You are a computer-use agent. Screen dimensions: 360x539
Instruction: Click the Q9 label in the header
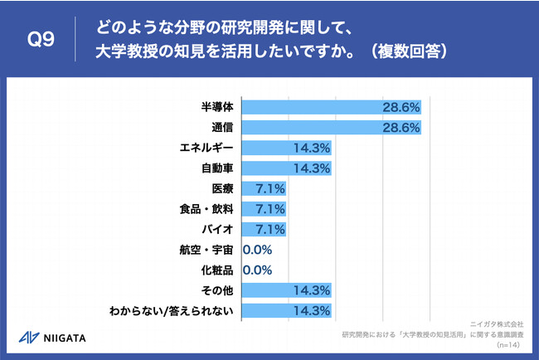point(41,40)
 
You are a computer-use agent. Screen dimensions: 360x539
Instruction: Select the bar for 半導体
point(332,107)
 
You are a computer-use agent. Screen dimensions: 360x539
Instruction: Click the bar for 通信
point(332,128)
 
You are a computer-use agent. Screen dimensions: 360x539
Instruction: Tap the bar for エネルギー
point(286,148)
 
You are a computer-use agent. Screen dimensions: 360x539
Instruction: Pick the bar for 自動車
point(286,168)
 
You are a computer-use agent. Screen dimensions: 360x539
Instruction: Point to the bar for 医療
point(264,188)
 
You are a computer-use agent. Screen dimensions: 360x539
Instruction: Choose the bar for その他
point(286,290)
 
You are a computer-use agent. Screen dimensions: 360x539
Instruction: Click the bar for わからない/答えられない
point(286,311)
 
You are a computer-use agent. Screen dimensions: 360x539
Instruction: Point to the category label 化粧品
point(217,270)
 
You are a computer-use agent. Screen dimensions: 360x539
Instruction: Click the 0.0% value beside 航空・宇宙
point(257,250)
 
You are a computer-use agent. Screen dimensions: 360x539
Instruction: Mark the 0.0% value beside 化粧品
point(257,270)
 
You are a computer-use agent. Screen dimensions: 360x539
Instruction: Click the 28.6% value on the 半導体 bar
point(401,107)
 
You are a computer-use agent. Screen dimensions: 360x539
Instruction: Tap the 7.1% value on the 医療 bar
point(270,188)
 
